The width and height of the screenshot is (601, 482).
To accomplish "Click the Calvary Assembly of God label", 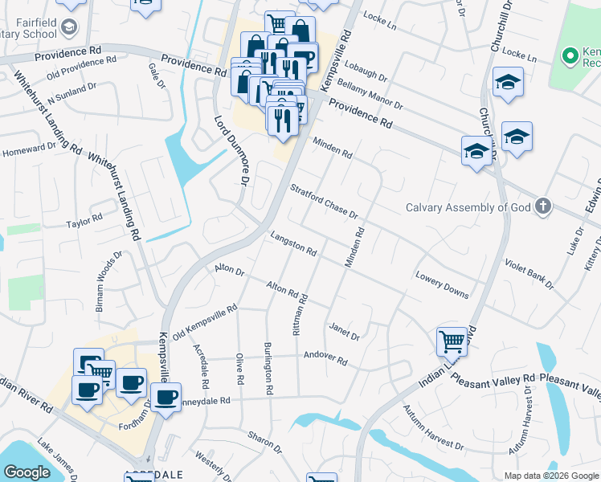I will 469,207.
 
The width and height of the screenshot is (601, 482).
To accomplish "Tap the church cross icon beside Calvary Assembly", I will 544,206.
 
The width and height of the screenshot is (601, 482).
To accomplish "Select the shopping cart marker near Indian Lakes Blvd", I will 452,341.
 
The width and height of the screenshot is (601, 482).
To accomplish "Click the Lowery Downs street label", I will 442,284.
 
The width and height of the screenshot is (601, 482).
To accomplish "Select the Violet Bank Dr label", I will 529,273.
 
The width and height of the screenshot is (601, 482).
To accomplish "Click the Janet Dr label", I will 344,330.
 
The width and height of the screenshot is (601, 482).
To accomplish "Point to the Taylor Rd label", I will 85,220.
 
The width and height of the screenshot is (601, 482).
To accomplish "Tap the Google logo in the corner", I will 27,472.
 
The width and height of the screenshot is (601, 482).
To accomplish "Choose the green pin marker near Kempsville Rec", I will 570,56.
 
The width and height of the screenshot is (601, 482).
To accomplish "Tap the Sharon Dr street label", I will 265,440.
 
